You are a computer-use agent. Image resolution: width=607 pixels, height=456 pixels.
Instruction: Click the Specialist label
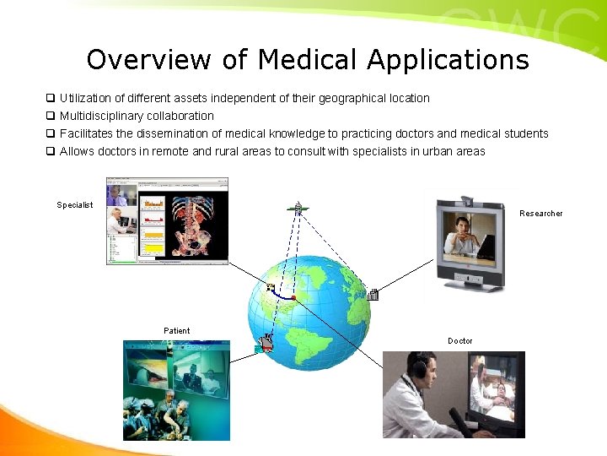(75, 205)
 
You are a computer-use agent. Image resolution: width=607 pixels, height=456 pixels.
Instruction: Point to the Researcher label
(541, 214)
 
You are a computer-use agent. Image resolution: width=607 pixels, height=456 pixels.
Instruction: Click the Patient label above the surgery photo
(177, 330)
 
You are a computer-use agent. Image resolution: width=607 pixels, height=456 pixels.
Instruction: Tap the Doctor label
(460, 341)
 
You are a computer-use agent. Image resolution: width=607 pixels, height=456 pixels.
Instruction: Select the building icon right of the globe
(373, 295)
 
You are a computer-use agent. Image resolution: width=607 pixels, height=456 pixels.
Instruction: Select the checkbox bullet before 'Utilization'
(51, 98)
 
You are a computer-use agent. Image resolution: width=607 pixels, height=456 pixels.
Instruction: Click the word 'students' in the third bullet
(527, 133)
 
